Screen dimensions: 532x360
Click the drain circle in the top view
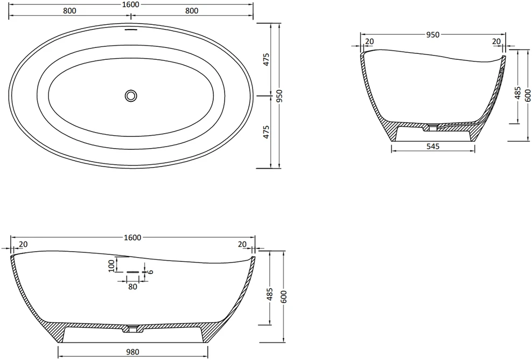131,96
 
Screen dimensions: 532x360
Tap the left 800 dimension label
69,11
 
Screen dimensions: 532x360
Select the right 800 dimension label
192,11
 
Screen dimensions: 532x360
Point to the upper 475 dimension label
267,59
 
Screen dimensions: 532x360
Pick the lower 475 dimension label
267,132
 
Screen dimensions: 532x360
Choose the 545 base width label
433,147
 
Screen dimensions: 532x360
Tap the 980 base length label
132,352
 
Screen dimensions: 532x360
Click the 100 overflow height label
111,265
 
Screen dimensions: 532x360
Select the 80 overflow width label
132,287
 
